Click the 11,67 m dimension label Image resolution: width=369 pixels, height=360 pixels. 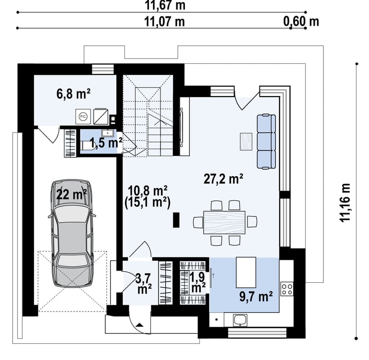165,5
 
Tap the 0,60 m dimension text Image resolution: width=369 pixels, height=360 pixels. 301,22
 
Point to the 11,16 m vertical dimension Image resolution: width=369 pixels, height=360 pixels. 345,202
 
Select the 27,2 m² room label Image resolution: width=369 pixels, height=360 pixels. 223,179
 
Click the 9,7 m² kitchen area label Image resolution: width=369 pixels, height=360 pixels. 256,297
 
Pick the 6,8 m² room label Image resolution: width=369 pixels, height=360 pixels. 74,94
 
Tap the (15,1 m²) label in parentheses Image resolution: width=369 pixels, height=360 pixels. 148,203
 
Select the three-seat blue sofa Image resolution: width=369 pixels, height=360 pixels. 266,142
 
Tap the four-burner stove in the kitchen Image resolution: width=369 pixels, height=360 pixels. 287,289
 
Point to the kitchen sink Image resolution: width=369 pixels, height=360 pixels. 240,320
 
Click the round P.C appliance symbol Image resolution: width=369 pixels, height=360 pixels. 83,116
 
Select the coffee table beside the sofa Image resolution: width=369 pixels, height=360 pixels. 246,142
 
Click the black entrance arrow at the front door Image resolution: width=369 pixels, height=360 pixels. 139,325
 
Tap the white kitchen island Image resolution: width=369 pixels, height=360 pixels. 246,272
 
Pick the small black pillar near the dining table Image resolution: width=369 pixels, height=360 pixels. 176,220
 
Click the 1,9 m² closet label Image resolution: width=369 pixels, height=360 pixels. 197,283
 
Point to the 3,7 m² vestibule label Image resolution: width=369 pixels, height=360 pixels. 143,284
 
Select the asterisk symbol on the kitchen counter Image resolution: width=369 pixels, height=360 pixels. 217,320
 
